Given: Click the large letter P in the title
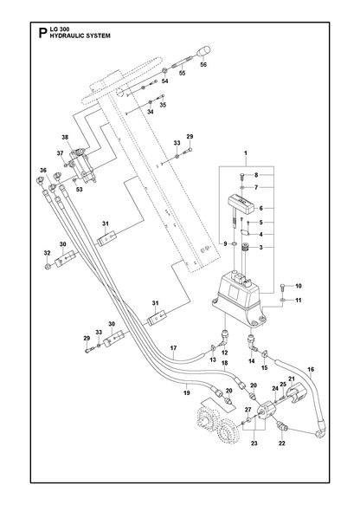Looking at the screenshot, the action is pyautogui.click(x=42, y=33).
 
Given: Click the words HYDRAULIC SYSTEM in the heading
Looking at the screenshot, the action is pyautogui.click(x=80, y=36).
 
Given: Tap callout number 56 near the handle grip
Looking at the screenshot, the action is pyautogui.click(x=203, y=64).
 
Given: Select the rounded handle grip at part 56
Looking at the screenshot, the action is pyautogui.click(x=203, y=51).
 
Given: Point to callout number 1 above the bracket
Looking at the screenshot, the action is pyautogui.click(x=246, y=153).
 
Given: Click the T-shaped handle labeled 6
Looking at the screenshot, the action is pyautogui.click(x=241, y=204).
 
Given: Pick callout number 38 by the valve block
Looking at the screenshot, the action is pyautogui.click(x=65, y=137).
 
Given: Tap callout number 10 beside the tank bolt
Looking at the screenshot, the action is pyautogui.click(x=299, y=286).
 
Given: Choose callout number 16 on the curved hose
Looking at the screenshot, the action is pyautogui.click(x=311, y=369).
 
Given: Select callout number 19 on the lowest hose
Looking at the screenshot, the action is pyautogui.click(x=187, y=392).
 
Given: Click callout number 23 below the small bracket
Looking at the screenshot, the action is pyautogui.click(x=254, y=443).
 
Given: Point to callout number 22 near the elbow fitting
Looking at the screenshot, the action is pyautogui.click(x=282, y=443).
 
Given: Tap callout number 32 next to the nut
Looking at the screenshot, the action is pyautogui.click(x=48, y=253).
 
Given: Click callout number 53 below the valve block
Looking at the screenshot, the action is pyautogui.click(x=79, y=190).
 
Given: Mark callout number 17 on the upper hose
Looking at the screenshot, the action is pyautogui.click(x=173, y=348).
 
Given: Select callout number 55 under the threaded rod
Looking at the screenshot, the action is pyautogui.click(x=183, y=73).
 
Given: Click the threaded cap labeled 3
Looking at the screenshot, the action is pyautogui.click(x=246, y=249).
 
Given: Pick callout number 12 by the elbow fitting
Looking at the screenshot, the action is pyautogui.click(x=224, y=353).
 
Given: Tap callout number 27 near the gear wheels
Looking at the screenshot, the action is pyautogui.click(x=247, y=410).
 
